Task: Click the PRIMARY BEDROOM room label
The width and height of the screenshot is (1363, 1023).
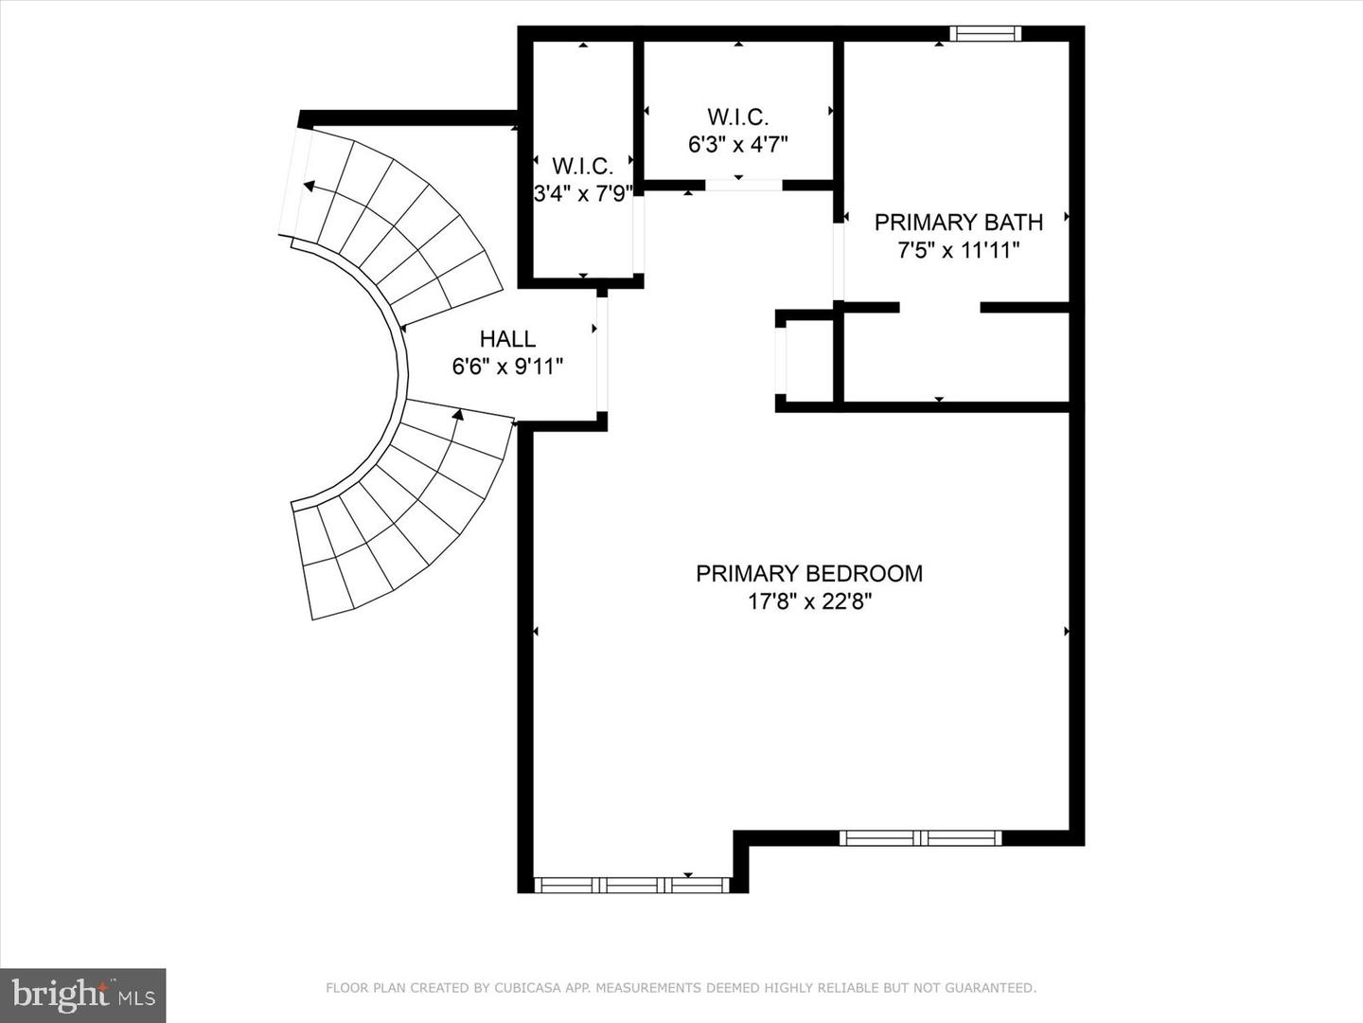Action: pyautogui.click(x=808, y=573)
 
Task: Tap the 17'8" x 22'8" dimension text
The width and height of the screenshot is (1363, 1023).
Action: pyautogui.click(x=808, y=601)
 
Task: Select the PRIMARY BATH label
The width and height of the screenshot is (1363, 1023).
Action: pyautogui.click(x=958, y=223)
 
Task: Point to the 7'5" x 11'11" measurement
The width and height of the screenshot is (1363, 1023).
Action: pyautogui.click(x=958, y=251)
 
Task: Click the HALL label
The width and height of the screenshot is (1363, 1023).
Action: pyautogui.click(x=507, y=339)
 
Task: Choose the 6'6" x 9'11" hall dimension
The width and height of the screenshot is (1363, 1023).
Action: pyautogui.click(x=507, y=367)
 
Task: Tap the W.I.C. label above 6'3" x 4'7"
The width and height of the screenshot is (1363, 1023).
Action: pyautogui.click(x=737, y=117)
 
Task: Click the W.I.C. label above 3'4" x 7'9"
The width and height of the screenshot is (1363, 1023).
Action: pyautogui.click(x=582, y=167)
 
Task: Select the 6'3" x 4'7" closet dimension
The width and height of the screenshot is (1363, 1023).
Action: pyautogui.click(x=737, y=145)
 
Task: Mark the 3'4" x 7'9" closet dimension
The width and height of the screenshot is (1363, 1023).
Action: pyautogui.click(x=582, y=194)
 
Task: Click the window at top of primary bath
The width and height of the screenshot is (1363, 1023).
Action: pyautogui.click(x=985, y=34)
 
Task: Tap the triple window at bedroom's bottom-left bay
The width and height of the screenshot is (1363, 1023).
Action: pyautogui.click(x=631, y=886)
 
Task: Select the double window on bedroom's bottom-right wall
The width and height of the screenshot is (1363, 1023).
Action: pyautogui.click(x=920, y=837)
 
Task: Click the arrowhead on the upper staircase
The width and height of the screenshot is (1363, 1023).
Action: pyautogui.click(x=309, y=186)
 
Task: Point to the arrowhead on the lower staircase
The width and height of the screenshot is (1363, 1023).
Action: pyautogui.click(x=458, y=414)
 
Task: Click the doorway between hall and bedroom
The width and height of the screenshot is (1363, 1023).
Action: pyautogui.click(x=601, y=354)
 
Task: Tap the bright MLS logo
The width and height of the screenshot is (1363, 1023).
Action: pyautogui.click(x=83, y=995)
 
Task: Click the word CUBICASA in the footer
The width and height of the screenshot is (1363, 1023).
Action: pyautogui.click(x=523, y=988)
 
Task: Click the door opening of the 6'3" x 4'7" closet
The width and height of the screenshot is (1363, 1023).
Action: pyautogui.click(x=744, y=185)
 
